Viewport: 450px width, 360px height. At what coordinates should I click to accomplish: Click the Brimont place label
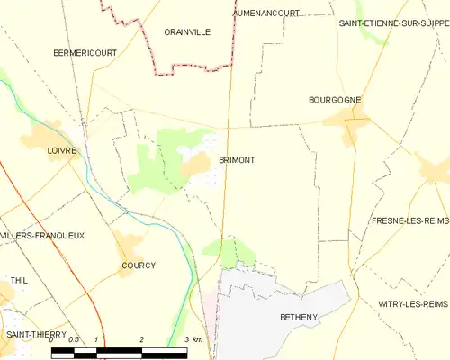coord(237,160)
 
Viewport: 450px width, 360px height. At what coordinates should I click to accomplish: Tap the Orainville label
coord(187,31)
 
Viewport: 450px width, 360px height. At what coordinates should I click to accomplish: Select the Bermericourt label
coord(85,53)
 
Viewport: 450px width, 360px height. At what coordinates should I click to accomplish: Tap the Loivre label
coord(62,151)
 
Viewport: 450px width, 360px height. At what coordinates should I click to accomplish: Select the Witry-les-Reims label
coord(413,303)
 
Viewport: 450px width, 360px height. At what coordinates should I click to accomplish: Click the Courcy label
coord(139,265)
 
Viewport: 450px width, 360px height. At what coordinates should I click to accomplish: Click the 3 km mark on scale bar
coord(192,339)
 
